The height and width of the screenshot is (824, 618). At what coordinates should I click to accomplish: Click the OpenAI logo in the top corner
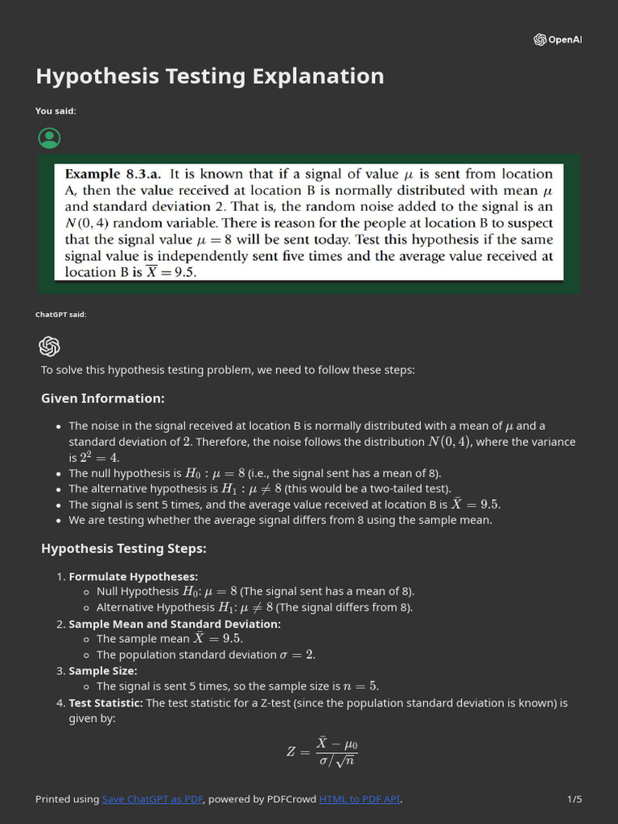[x=557, y=40]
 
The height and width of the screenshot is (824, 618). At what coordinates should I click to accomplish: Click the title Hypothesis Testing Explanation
[x=209, y=76]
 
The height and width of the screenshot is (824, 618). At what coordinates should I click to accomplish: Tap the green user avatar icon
[x=49, y=138]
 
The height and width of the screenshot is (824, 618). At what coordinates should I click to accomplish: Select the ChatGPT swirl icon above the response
[x=49, y=346]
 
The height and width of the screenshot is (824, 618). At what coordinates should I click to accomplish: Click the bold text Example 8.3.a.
[x=113, y=174]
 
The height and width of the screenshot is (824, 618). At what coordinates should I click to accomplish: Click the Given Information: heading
[x=102, y=398]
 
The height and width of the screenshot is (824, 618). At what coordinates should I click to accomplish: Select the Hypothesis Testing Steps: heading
[x=123, y=549]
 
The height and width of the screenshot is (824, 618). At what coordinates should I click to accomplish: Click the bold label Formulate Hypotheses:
[x=133, y=576]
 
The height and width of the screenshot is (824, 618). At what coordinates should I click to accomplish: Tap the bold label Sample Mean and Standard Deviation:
[x=175, y=624]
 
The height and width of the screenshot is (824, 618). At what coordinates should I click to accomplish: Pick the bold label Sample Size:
[x=103, y=670]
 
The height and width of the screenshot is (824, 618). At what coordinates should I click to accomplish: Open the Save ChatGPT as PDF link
[x=152, y=799]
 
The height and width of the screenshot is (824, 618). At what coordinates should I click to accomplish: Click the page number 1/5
[x=574, y=799]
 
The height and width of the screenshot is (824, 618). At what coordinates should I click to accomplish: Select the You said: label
[x=56, y=111]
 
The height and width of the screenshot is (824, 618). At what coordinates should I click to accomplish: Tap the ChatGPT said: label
[x=60, y=315]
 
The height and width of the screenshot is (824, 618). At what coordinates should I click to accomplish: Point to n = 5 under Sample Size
[x=361, y=686]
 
